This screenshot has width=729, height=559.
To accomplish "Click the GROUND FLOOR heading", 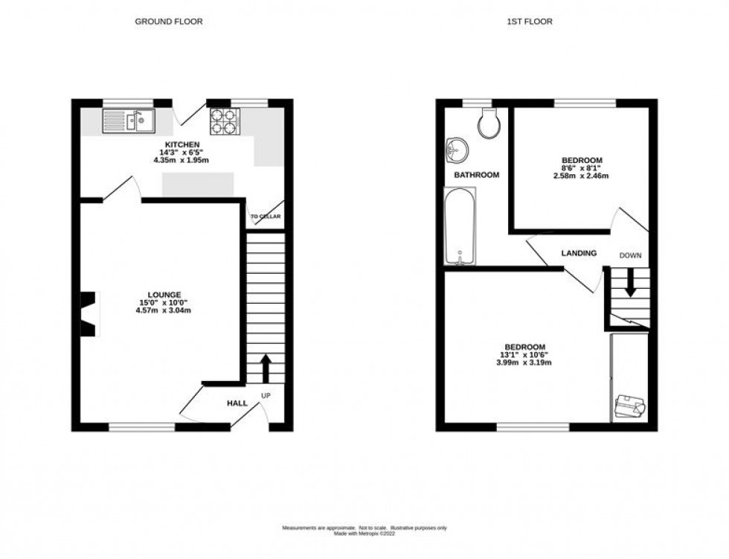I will pos(168,22).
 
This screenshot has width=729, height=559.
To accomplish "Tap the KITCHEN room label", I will pos(182,144).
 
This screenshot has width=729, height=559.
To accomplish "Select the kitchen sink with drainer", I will pos(129,120).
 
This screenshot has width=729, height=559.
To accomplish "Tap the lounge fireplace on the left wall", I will pos(89,313).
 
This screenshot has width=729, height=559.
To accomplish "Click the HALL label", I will pos(237,403).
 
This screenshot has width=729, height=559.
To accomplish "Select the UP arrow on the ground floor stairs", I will pos(265,368).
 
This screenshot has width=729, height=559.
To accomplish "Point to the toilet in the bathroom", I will pos(489,124).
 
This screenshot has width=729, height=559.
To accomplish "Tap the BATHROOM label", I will pos(476,175).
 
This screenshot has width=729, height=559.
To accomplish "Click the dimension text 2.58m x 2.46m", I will pos(582,176).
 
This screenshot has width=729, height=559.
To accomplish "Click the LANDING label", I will pos(579,254).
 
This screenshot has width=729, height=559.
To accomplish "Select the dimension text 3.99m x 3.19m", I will pos(525,364).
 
